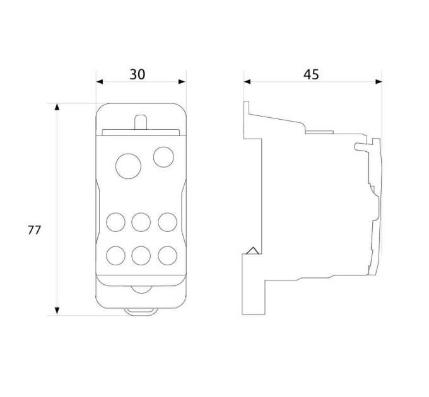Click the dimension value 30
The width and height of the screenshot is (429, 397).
[138, 74]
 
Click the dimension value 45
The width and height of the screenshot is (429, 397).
[311, 74]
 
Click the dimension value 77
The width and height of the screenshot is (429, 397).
[34, 230]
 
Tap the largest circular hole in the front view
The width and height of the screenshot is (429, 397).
[128, 166]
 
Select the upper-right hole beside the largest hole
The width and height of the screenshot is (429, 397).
[163, 157]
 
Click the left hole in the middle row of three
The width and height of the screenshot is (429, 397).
[115, 222]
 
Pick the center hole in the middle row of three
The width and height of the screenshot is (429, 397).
[141, 222]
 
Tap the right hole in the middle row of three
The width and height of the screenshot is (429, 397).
[167, 222]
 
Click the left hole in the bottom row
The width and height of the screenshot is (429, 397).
[115, 255]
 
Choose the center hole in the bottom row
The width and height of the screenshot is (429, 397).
[141, 255]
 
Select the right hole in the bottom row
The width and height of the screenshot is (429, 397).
[167, 255]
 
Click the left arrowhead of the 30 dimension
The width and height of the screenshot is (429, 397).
[100, 82]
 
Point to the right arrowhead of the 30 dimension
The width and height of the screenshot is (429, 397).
[182, 82]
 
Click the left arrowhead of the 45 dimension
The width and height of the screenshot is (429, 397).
[247, 82]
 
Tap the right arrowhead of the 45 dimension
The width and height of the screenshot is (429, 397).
[379, 82]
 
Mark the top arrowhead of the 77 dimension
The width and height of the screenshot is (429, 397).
[57, 107]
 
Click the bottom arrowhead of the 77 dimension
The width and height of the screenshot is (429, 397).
[57, 311]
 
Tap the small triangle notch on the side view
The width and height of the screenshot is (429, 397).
[253, 251]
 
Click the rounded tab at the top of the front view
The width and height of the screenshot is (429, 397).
[141, 122]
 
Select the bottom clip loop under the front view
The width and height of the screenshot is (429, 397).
[141, 312]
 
